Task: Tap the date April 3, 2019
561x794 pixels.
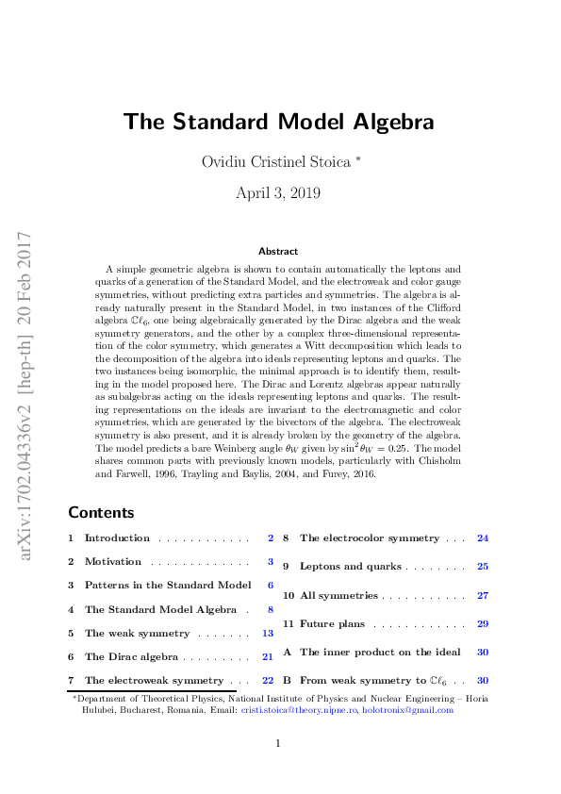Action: point(278,193)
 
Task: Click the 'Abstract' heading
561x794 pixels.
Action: point(278,251)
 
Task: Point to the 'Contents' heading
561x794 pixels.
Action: point(101,513)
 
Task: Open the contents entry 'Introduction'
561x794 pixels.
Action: point(117,538)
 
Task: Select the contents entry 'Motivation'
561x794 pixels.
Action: point(113,562)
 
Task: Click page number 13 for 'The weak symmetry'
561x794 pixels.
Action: point(268,634)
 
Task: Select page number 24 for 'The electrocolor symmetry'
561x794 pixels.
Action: point(483,538)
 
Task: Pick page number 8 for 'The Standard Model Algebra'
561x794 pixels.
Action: point(271,610)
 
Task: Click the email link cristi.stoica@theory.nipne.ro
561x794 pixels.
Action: point(300,710)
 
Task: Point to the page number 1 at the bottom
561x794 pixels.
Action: point(278,744)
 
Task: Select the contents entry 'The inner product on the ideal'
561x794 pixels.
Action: point(380,652)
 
